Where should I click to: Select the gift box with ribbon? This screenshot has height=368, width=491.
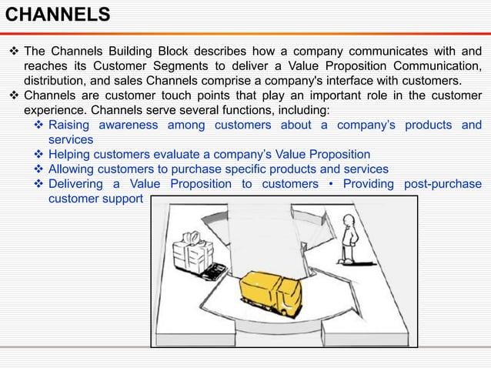192,252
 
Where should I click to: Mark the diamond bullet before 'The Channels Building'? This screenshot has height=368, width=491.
12,52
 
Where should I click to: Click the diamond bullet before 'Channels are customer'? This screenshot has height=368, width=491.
12,95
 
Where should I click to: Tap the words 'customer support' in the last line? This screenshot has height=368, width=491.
95,199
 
